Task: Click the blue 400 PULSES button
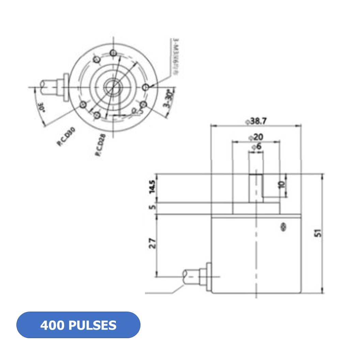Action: click(x=78, y=325)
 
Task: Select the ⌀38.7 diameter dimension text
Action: click(x=256, y=121)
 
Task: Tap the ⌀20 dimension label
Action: click(x=256, y=137)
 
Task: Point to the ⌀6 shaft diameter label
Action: click(x=256, y=147)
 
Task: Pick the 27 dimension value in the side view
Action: click(x=152, y=243)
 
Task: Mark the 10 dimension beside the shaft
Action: click(x=282, y=185)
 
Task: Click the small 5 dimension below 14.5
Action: click(x=152, y=207)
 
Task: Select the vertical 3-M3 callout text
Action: click(x=176, y=56)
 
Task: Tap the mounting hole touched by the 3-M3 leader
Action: click(x=146, y=87)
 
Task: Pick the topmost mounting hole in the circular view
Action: click(x=114, y=53)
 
